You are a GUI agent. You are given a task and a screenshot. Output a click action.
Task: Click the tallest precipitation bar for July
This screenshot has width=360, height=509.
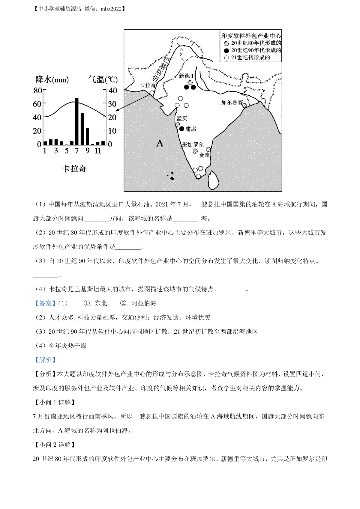(x=77, y=122)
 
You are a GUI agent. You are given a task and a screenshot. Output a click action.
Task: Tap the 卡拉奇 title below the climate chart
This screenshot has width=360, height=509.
(x=74, y=169)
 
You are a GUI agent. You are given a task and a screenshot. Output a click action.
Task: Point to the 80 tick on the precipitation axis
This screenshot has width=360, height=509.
(x=37, y=90)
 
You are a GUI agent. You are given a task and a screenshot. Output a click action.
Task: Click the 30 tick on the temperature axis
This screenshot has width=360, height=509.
(x=112, y=104)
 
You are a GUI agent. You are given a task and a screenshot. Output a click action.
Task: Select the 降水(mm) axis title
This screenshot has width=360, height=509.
(x=52, y=79)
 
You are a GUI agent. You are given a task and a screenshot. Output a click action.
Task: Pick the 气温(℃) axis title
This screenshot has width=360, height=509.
(x=103, y=79)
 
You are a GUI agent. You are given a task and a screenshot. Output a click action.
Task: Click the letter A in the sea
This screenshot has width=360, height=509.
(x=160, y=143)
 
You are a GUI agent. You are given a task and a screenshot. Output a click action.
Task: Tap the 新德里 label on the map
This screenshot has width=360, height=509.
(x=187, y=76)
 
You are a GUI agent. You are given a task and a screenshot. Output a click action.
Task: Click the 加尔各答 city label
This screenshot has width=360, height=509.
(x=232, y=103)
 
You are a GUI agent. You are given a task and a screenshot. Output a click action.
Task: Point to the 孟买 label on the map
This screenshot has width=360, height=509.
(x=182, y=118)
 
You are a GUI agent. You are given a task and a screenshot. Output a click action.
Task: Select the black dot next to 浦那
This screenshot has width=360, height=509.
(x=181, y=129)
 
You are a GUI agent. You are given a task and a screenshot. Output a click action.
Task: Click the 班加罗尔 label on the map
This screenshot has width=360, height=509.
(x=193, y=145)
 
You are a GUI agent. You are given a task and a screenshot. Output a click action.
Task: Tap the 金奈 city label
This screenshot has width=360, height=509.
(x=204, y=155)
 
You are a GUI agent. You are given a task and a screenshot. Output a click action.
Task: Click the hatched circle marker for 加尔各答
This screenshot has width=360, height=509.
(x=245, y=105)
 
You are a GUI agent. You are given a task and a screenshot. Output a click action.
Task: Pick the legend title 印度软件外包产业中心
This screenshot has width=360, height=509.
(x=251, y=36)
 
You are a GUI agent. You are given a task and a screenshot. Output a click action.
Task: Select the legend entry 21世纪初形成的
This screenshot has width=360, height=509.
(x=250, y=58)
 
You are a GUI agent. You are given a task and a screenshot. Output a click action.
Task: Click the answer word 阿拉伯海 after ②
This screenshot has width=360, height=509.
(x=144, y=303)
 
